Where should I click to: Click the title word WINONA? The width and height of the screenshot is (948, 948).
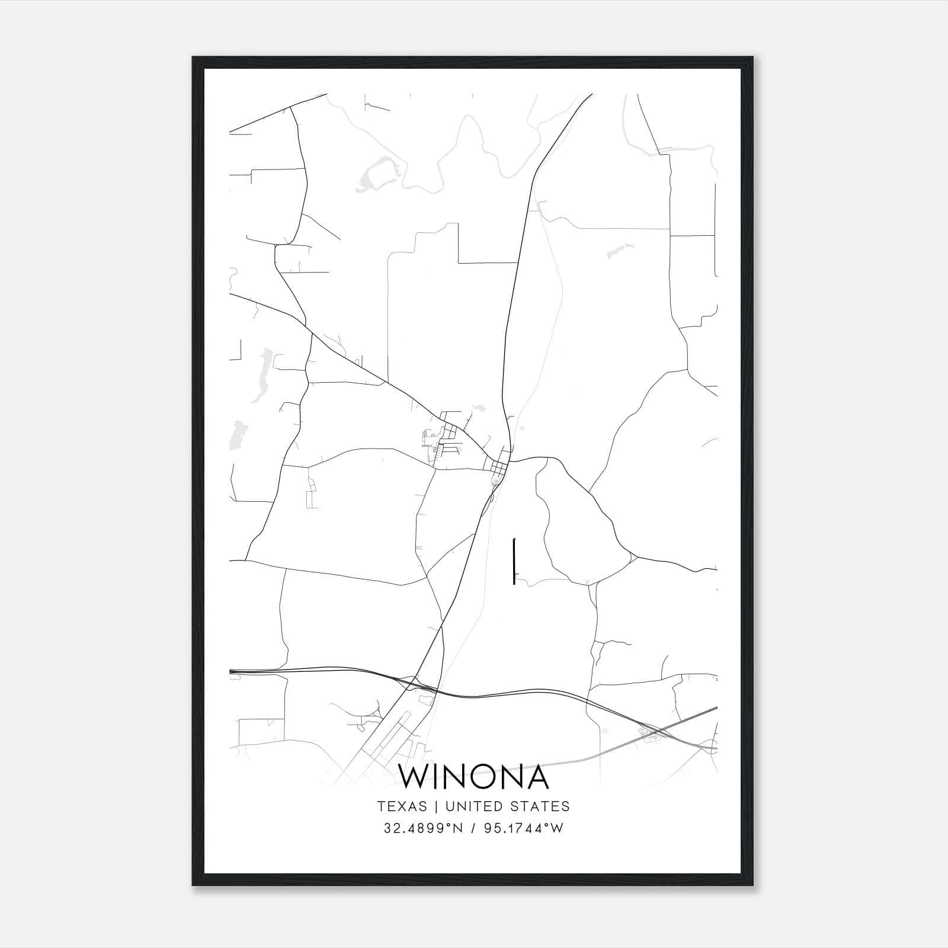pyautogui.click(x=473, y=777)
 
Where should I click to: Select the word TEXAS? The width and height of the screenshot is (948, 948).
pyautogui.click(x=402, y=806)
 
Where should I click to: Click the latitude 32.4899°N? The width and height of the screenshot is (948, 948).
pyautogui.click(x=422, y=828)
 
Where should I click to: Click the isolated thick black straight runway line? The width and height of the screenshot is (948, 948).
pyautogui.click(x=514, y=561)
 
